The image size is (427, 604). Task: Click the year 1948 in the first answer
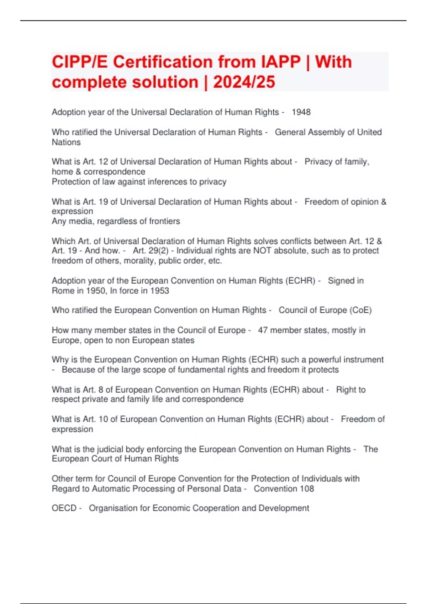point(301,112)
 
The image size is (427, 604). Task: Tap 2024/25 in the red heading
point(244,82)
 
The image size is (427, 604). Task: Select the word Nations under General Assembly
point(66,142)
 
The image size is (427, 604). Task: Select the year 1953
point(159,291)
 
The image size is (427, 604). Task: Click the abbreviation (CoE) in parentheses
point(360,310)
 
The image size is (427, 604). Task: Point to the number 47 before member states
point(263,330)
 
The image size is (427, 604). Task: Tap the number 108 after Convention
point(307,489)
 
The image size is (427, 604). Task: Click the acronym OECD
point(64,508)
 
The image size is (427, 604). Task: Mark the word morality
point(139,261)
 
